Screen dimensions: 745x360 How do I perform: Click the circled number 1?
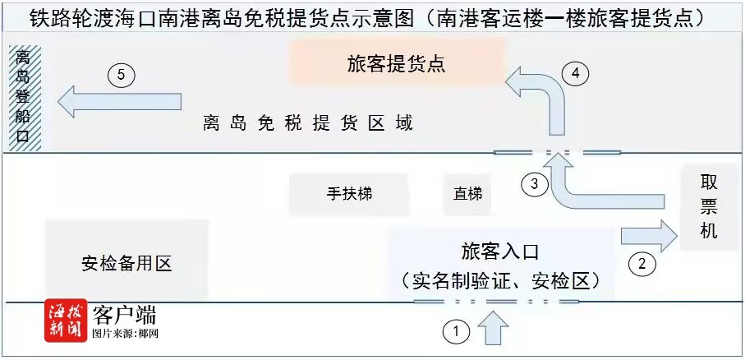(x=457, y=331)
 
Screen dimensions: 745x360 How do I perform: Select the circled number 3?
(x=535, y=183)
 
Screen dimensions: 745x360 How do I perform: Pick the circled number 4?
(x=575, y=74)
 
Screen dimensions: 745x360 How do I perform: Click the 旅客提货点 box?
(x=397, y=62)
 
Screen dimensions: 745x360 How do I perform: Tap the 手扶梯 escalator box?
(x=349, y=194)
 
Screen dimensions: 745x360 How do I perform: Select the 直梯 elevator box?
(x=467, y=194)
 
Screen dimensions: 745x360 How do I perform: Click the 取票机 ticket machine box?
(x=709, y=207)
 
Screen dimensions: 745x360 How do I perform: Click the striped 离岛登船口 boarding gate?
(x=22, y=98)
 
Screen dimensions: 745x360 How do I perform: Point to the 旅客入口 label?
(x=500, y=252)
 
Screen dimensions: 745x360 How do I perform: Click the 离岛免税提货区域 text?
(x=308, y=123)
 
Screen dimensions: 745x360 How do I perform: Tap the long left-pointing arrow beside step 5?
(x=120, y=101)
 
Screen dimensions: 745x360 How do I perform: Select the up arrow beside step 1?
(x=493, y=327)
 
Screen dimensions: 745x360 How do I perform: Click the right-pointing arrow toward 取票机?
(x=649, y=235)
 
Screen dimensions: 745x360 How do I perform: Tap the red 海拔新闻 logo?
(x=66, y=321)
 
